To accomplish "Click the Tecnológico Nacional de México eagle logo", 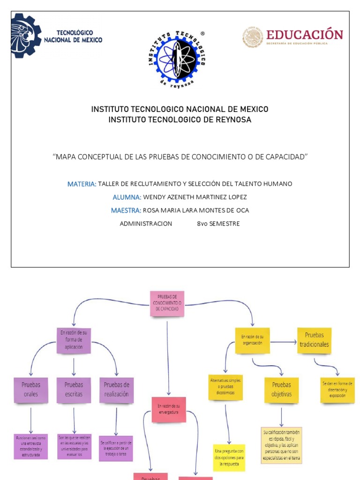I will tap(26, 36).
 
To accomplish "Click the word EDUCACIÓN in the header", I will tap(305, 35).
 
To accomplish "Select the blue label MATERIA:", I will tap(82, 184).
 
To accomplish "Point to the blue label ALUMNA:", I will tap(127, 197).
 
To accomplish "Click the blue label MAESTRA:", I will tap(126, 210).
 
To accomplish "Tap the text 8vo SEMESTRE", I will tap(218, 224).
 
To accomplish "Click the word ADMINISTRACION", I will tap(146, 224).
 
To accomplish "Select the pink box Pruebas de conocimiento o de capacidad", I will tap(167, 303).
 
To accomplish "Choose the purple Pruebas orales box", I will tap(31, 389).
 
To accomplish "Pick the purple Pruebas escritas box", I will tap(74, 389).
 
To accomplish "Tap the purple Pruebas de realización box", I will tap(116, 389).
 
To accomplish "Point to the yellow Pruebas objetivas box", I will tap(281, 390).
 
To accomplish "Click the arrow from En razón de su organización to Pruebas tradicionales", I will tap(283, 342).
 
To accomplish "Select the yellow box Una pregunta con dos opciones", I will tap(229, 457).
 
